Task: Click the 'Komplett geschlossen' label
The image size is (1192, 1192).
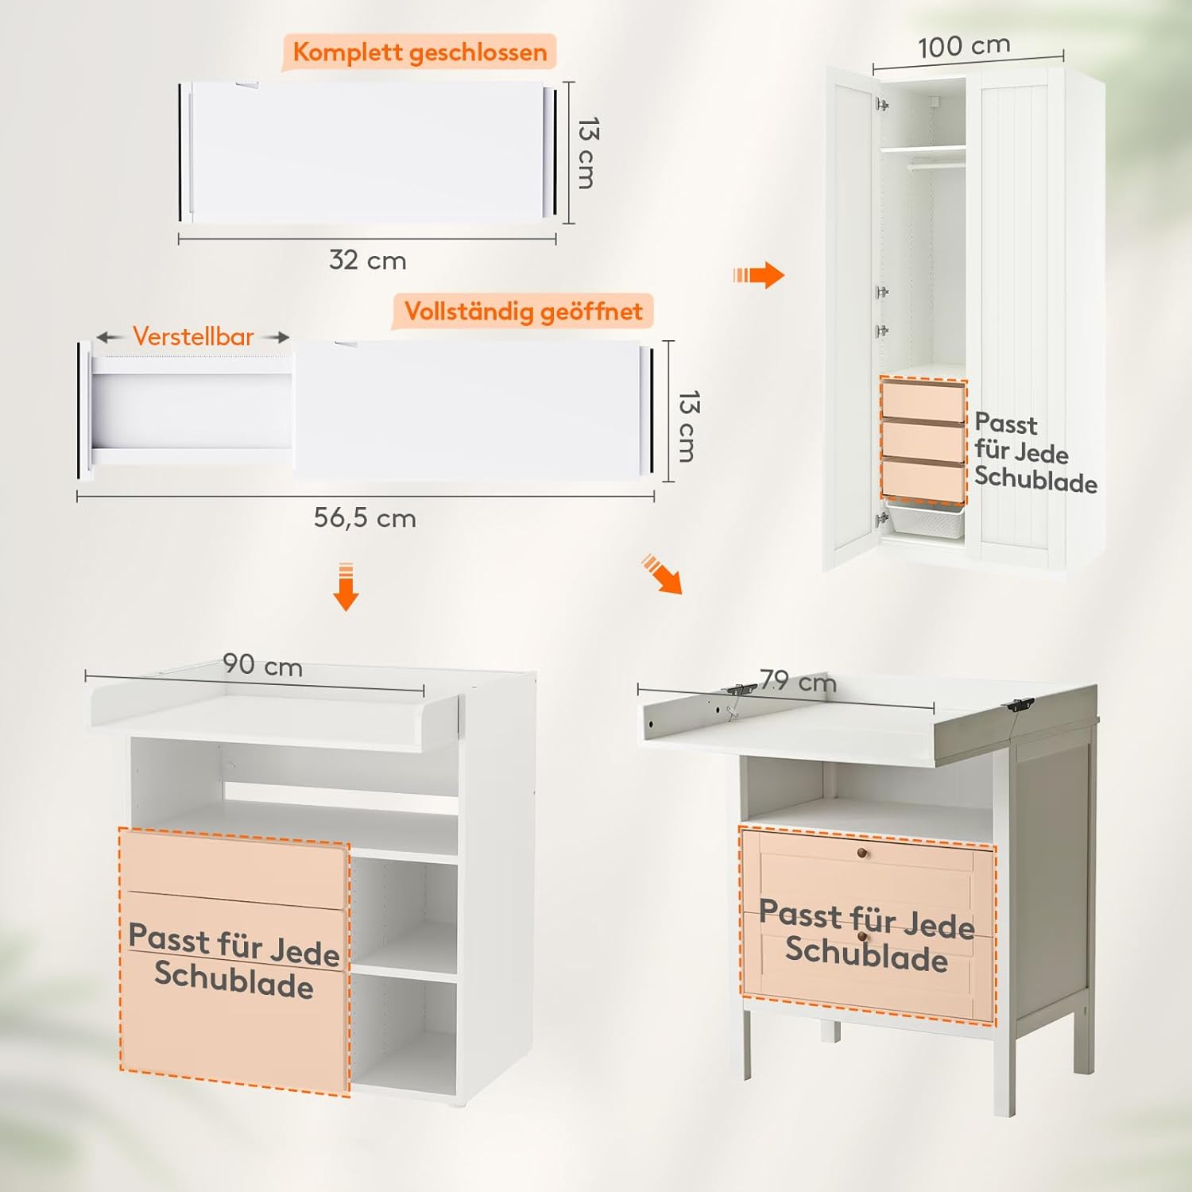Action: coord(420,52)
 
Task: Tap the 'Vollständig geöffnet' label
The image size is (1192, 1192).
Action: coord(523,311)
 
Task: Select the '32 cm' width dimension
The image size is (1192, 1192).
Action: coord(367,260)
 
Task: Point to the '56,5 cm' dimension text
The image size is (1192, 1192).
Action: coord(365,518)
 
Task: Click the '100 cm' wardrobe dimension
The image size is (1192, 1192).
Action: coord(964,45)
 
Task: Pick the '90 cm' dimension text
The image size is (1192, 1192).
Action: coord(262,664)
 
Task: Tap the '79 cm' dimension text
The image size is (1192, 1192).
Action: coord(798,681)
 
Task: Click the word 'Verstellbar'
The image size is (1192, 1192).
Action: coord(193,336)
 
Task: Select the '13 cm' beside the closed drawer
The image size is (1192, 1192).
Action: coord(587,153)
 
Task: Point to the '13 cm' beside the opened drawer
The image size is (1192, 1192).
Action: coord(688,426)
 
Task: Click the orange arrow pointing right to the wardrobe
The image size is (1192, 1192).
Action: coord(759,275)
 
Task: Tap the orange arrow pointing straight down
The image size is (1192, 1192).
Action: coord(346,586)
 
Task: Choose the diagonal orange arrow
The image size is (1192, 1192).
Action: coord(663,575)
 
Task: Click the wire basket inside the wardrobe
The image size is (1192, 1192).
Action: coord(926,518)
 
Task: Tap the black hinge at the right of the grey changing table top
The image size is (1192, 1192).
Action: coord(1020,705)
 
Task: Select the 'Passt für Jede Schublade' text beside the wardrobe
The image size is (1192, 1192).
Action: coord(1035,453)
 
